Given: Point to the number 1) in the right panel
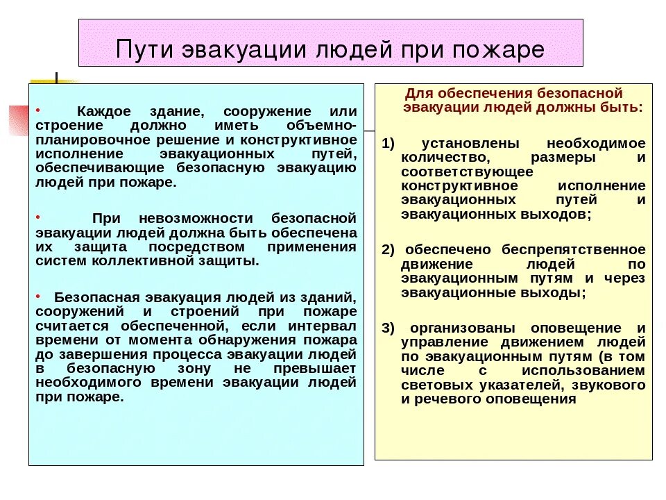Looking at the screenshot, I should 388,143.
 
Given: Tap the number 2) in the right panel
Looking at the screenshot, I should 388,249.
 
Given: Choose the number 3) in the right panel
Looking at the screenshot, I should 388,327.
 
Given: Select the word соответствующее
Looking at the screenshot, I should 467,172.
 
